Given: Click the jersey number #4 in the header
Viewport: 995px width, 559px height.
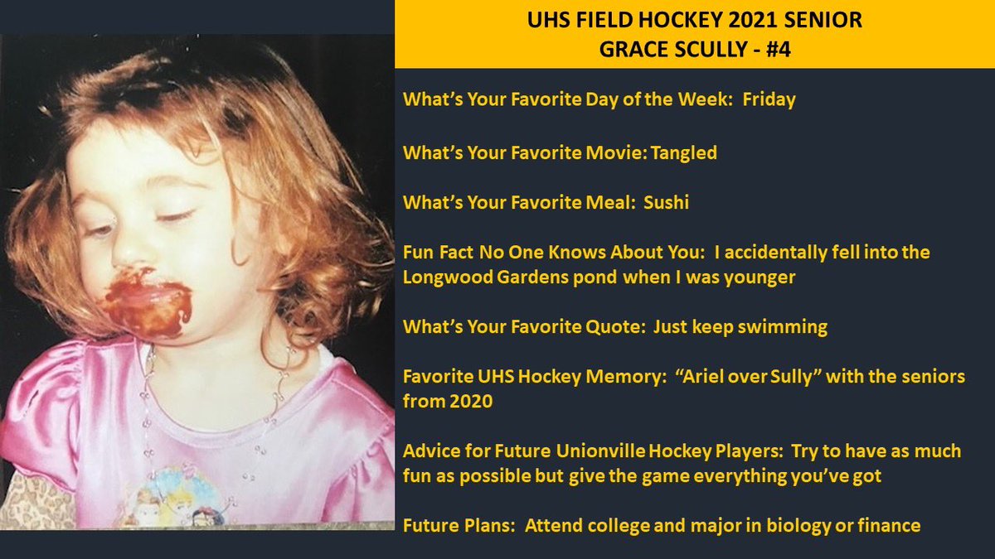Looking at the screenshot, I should pyautogui.click(x=776, y=48).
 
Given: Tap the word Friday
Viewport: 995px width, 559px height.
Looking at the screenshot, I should pyautogui.click(x=769, y=100).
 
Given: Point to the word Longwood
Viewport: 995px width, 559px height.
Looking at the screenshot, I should pyautogui.click(x=436, y=277).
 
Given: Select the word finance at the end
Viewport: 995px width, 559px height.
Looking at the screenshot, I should pyautogui.click(x=890, y=526).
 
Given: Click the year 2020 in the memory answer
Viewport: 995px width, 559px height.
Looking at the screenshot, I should pyautogui.click(x=483, y=402).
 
